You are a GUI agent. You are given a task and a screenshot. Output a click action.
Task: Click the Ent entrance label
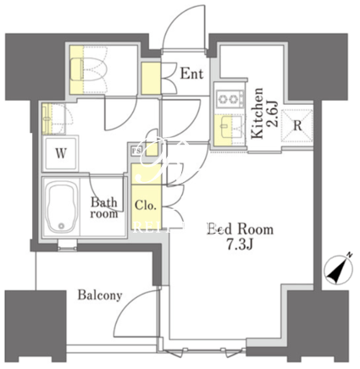pyautogui.click(x=191, y=74)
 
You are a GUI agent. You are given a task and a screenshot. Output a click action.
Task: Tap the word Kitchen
pyautogui.click(x=258, y=113)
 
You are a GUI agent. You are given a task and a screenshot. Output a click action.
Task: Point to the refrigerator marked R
pyautogui.click(x=297, y=125)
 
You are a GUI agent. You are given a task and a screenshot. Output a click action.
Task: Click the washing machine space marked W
pyautogui.click(x=61, y=154)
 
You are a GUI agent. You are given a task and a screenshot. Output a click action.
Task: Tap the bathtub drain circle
pyautogui.click(x=61, y=226)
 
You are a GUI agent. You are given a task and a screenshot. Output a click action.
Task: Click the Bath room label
pyautogui.click(x=104, y=208)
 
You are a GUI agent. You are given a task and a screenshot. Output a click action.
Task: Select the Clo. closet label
pyautogui.click(x=146, y=205)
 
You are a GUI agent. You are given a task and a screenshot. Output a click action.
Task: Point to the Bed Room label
pyautogui.click(x=241, y=229)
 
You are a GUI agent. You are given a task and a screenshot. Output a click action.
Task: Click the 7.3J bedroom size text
pyautogui.click(x=240, y=245)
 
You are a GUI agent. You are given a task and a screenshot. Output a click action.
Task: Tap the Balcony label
pyautogui.click(x=100, y=295)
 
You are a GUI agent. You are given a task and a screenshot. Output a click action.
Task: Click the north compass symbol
pyautogui.click(x=339, y=268)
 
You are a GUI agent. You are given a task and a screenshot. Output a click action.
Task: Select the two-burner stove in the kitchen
pyautogui.click(x=230, y=99)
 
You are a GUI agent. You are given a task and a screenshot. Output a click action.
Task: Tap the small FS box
pyautogui.click(x=136, y=151)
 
